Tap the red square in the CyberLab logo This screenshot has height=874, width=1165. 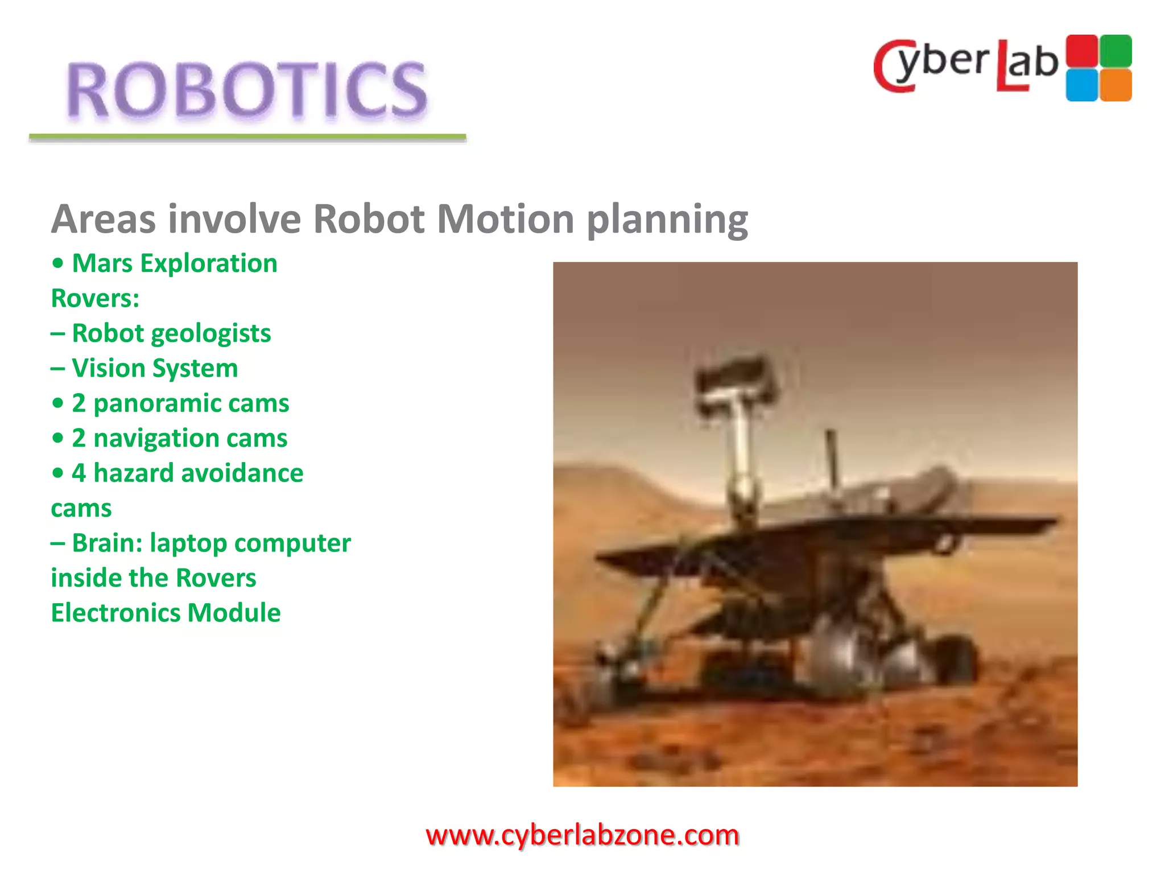coord(1081,51)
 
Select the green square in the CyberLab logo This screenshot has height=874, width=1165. coord(1116,51)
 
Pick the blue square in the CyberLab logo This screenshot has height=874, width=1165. coord(1081,85)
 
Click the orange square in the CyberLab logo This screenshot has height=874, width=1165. coord(1116,85)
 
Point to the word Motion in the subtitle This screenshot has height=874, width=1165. coord(505,219)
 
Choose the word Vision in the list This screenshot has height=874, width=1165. coord(109,368)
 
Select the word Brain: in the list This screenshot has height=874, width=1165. coord(108,543)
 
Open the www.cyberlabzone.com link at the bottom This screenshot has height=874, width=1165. coord(582,835)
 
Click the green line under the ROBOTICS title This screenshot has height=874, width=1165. coord(247,137)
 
